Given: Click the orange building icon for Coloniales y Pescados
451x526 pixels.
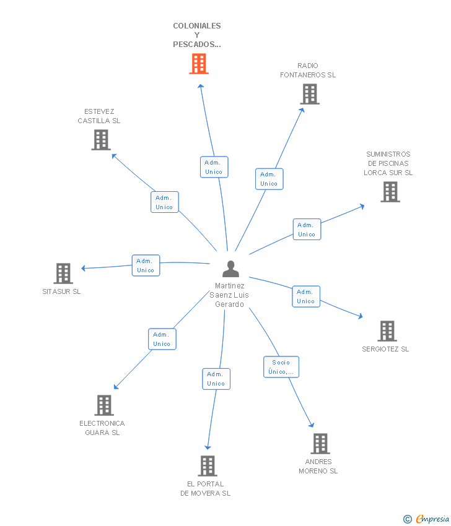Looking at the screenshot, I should point(198,64).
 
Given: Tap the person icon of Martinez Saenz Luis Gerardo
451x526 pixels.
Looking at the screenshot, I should point(230,269).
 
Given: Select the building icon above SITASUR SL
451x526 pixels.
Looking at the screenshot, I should point(63,274).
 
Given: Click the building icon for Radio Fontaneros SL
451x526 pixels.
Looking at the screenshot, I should point(310,94).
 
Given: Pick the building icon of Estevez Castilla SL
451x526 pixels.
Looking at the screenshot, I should point(101,140).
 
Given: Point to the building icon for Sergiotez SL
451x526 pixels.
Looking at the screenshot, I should point(387,331).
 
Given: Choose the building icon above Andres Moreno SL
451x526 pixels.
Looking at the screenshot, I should point(320,444).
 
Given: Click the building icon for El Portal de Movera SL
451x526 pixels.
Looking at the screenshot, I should point(207,466).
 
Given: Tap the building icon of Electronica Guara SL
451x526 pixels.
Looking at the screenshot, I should point(103,405).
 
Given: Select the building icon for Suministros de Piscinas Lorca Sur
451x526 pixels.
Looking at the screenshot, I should point(390,192).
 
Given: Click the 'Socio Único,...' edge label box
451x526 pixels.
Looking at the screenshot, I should point(281,367).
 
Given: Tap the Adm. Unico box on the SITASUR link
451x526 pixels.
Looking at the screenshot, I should point(146,265).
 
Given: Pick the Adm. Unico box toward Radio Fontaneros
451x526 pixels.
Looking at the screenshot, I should point(269,179).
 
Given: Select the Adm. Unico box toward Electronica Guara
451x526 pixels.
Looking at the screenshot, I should point(162,339).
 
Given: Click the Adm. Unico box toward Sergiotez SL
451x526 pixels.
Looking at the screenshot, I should point(305,296).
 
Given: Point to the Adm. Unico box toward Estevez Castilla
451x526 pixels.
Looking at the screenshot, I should point(164,202).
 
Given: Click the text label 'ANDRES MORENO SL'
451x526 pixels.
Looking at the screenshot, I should point(318,467).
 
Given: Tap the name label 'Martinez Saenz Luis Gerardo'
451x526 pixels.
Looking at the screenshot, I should point(230,295).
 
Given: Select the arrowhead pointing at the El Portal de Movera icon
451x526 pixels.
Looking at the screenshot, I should point(208,447).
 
